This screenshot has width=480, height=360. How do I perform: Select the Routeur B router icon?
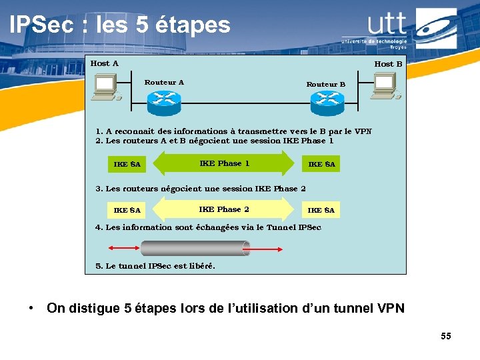point(327,101)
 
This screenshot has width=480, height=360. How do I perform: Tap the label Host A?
point(105,63)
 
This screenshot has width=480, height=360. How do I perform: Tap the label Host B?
point(388,64)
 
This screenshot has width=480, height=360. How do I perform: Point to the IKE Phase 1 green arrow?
point(224,163)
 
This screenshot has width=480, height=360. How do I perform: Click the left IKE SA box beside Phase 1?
point(127,164)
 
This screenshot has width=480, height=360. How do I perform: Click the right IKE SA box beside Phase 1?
point(321,164)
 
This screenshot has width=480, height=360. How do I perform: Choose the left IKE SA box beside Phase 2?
point(127,210)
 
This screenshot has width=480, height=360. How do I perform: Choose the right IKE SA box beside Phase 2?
point(321,210)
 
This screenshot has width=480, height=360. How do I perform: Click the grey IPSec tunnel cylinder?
point(195,249)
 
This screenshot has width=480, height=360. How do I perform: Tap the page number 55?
point(445,336)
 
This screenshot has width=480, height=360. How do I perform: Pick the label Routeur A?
point(164,83)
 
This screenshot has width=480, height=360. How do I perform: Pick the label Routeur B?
point(326,84)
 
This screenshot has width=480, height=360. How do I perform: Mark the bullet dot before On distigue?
point(31,309)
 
